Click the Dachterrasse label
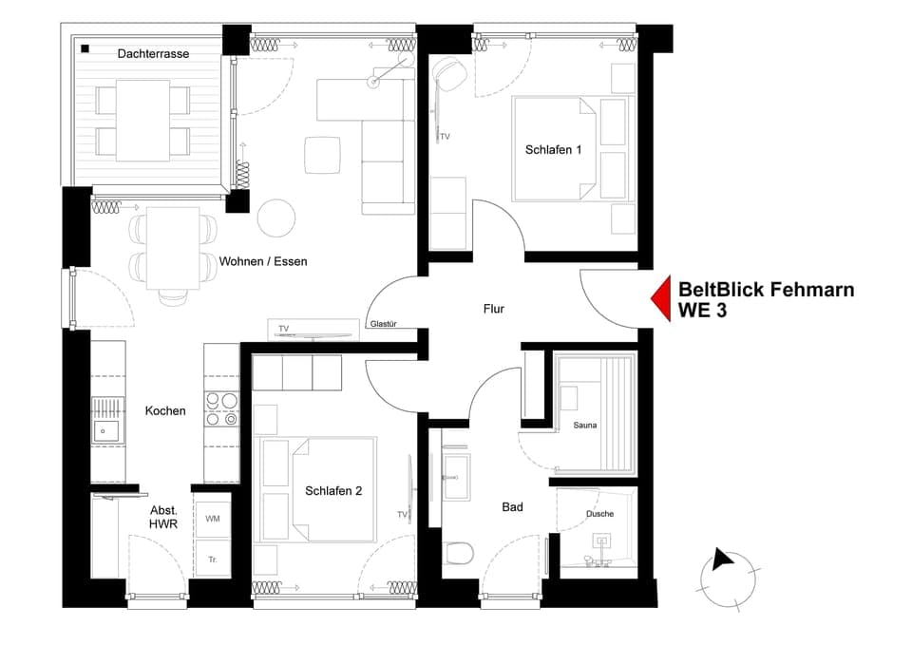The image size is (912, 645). coord(153,54)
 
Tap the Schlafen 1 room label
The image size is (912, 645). coord(553,149)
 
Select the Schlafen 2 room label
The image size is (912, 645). coord(333,491)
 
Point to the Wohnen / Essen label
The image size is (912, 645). coord(263,261)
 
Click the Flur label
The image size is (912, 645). coord(493,309)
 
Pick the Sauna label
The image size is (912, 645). coord(584,425)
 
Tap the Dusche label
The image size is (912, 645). coord(599,514)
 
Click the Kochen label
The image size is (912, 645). coord(165,411)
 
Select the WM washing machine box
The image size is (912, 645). coord(212,519)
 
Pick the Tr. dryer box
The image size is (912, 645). coord(212,560)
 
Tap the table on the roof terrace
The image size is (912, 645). coord(142,120)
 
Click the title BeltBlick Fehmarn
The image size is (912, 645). coord(766,290)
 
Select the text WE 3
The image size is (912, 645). coord(702,311)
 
